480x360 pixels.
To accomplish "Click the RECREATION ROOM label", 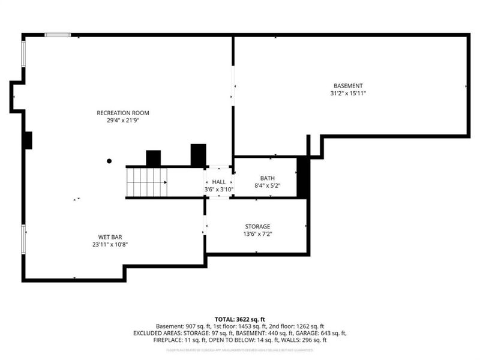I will [123, 113].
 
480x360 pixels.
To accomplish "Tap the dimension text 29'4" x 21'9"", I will [123, 121].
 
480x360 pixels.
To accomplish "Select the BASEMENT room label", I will [348, 86].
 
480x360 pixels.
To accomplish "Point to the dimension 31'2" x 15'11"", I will [348, 94].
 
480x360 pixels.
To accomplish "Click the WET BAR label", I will [110, 237].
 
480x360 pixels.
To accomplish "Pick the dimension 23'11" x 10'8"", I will [110, 245].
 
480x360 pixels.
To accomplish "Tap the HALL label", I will [219, 182].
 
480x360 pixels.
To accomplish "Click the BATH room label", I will [267, 178].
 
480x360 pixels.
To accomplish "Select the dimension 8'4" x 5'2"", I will [267, 186].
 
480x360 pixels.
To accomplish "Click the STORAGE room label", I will [257, 227].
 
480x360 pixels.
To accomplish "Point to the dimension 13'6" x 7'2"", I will [257, 235].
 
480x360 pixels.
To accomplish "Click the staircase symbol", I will [146, 182].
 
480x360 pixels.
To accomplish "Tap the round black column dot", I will [109, 161].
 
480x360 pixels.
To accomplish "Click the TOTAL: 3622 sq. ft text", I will [239, 319].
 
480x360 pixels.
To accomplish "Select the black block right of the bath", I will [304, 178].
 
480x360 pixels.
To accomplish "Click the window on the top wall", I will [58, 35].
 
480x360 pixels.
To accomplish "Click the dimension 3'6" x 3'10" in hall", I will [219, 190].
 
